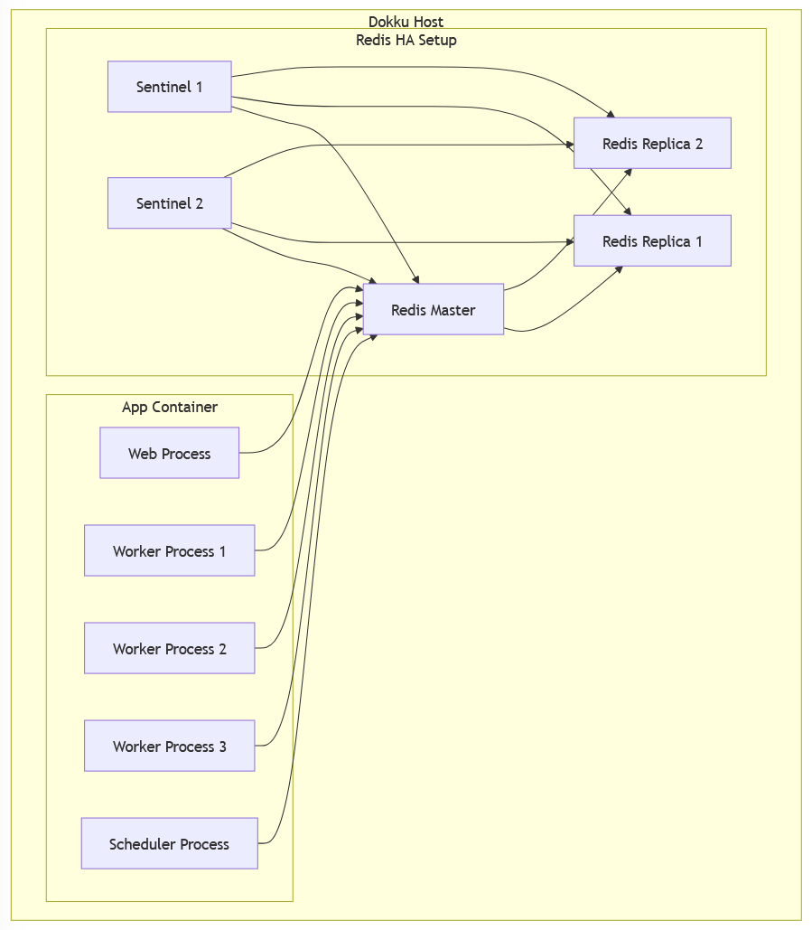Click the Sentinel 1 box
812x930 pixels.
[169, 87]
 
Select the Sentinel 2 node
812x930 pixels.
[169, 203]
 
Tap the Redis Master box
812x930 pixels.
[433, 310]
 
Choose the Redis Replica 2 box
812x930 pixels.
[652, 144]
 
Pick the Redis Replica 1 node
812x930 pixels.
[652, 241]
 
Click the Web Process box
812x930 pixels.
[169, 454]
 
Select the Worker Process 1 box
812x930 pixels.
[169, 551]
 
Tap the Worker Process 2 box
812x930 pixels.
[169, 649]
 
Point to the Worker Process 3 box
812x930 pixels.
[169, 747]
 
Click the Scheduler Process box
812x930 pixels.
[169, 844]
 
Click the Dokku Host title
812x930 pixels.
[406, 22]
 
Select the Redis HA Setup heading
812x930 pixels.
[406, 40]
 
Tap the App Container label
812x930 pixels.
[169, 408]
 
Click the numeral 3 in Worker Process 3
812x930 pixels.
[222, 747]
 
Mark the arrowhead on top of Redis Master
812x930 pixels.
[415, 279]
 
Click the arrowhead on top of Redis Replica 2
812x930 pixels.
[611, 114]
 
